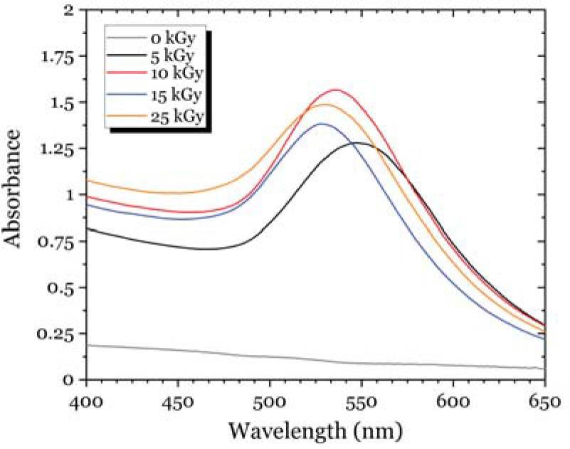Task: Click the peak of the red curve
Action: click(335, 90)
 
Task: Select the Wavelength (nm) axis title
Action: click(315, 430)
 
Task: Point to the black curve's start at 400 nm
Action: click(88, 228)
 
